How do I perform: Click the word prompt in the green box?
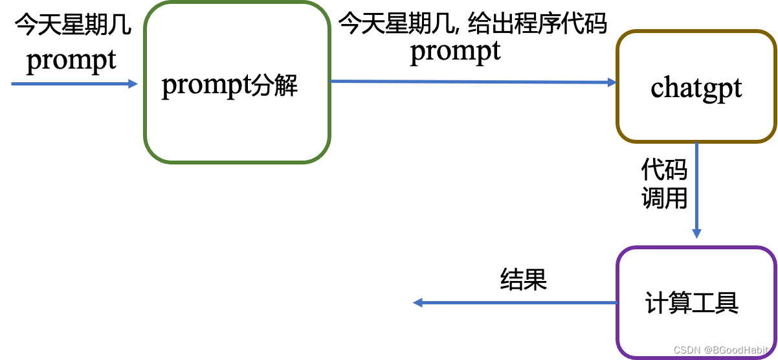click(201, 85)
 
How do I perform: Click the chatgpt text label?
click(696, 88)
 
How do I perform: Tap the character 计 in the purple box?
click(657, 303)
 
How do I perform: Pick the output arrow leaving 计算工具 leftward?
click(518, 302)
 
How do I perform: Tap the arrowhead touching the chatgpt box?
click(612, 82)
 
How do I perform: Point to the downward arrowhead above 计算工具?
click(696, 233)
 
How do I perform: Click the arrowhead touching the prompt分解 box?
click(133, 84)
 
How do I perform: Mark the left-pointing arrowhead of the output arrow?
click(418, 302)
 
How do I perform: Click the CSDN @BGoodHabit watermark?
click(721, 350)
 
